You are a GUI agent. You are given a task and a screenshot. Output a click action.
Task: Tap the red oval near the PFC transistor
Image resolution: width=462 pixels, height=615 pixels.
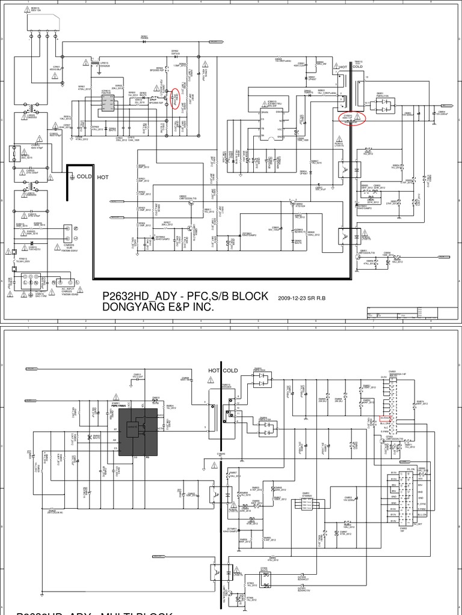(175, 100)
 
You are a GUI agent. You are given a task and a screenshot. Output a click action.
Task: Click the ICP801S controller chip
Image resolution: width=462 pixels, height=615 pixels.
(108, 105)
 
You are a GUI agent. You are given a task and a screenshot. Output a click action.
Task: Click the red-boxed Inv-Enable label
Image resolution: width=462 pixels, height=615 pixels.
(386, 416)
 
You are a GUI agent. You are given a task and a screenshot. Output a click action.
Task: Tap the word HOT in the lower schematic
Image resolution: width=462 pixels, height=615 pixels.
(215, 371)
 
